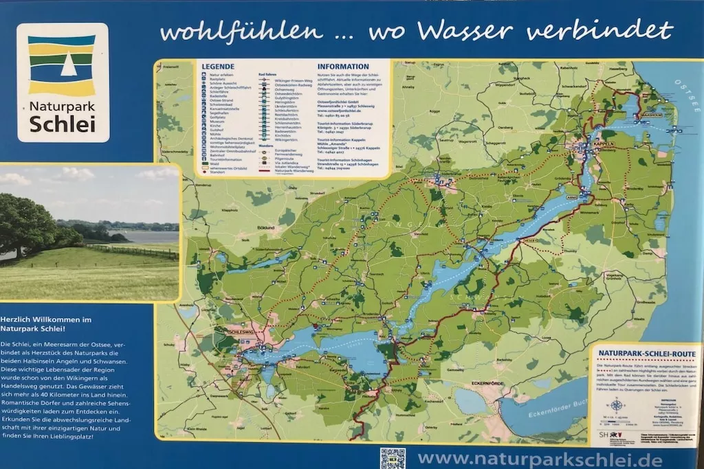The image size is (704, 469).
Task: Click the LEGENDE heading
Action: [218, 67]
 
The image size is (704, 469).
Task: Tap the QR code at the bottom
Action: [393, 458]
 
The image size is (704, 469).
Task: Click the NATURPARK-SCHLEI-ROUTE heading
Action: [647, 354]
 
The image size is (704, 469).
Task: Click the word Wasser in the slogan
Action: [465, 31]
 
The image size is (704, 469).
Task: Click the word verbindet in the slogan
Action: [599, 31]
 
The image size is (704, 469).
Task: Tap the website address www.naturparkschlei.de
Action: [540, 459]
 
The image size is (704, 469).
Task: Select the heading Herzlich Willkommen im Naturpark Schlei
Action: [46, 324]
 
